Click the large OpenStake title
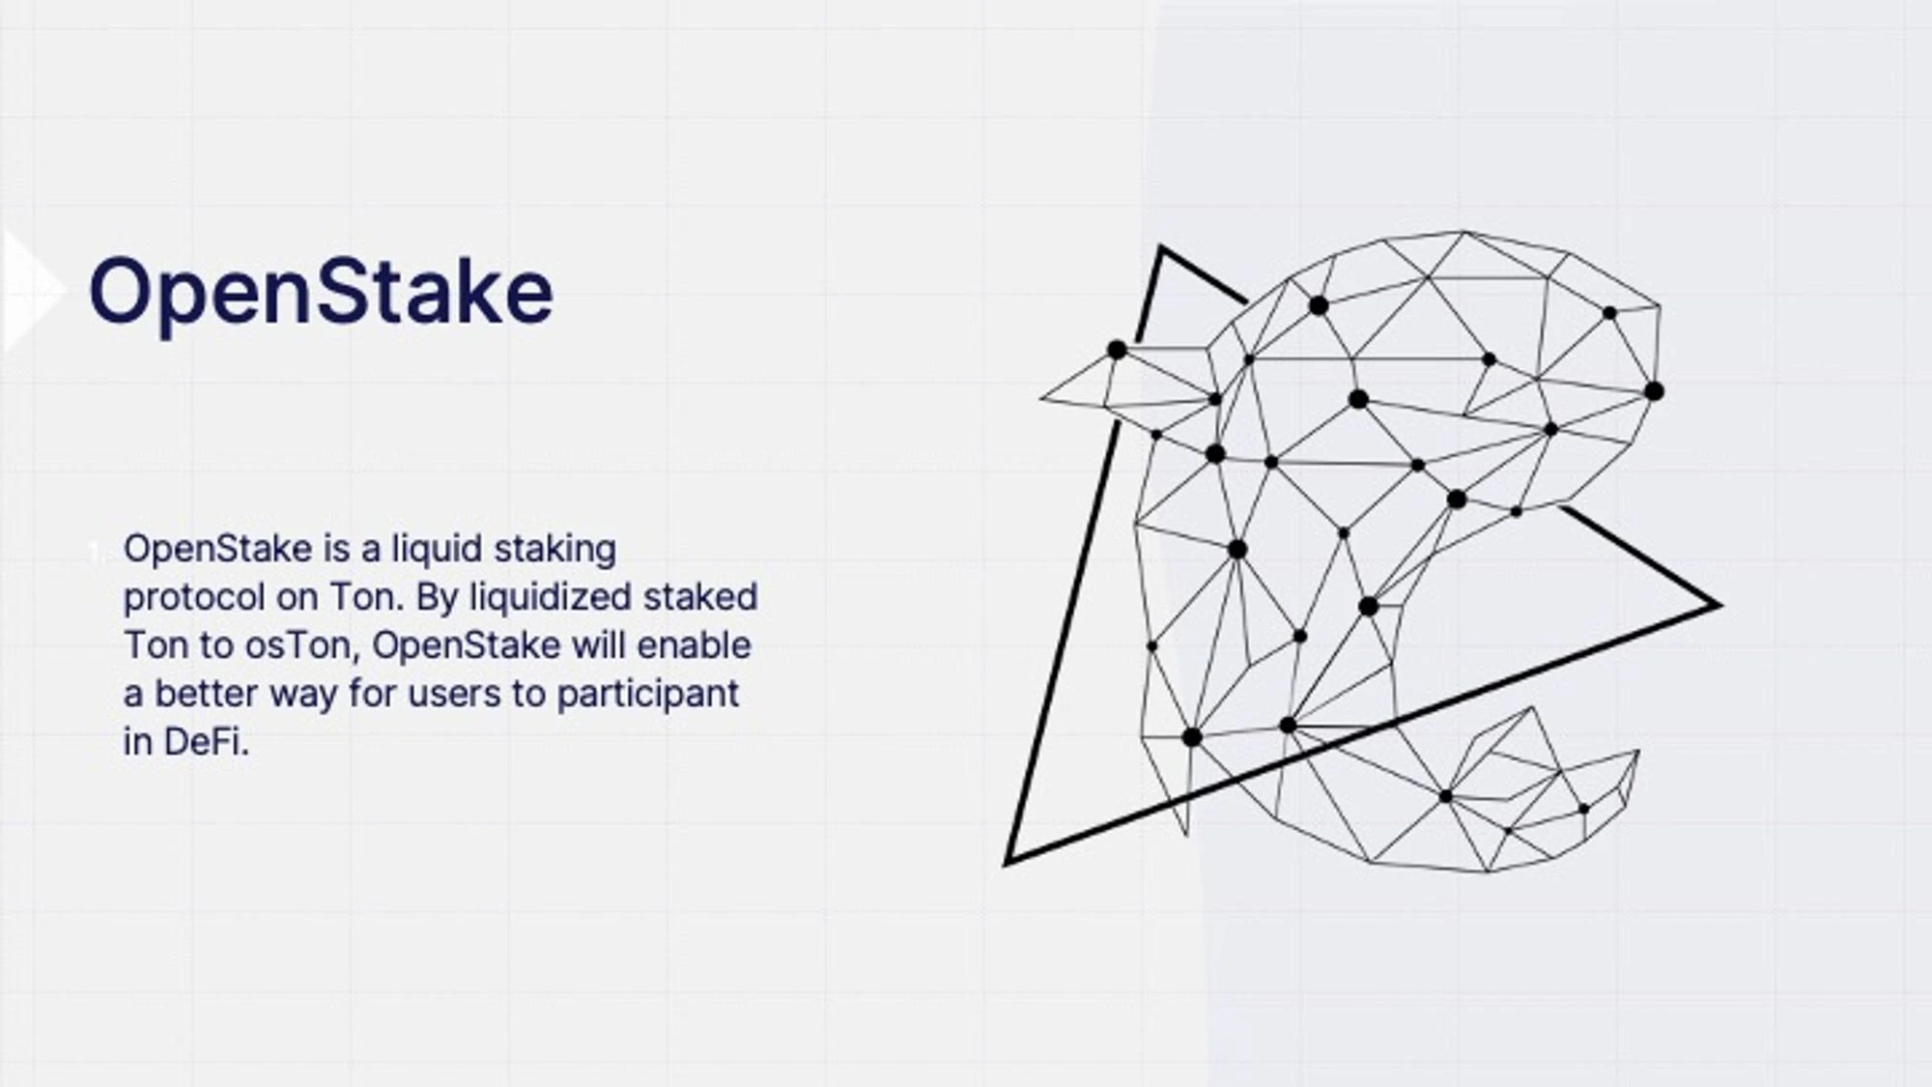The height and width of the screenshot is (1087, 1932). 321,292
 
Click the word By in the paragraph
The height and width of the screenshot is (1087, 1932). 437,598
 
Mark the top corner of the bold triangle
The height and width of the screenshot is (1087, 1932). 1161,248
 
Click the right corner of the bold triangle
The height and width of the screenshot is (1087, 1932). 1719,606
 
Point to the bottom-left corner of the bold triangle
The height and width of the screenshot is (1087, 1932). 1008,862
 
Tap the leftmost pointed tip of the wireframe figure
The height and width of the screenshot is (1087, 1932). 1041,397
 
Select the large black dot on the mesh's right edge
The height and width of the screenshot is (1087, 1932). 1654,391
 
